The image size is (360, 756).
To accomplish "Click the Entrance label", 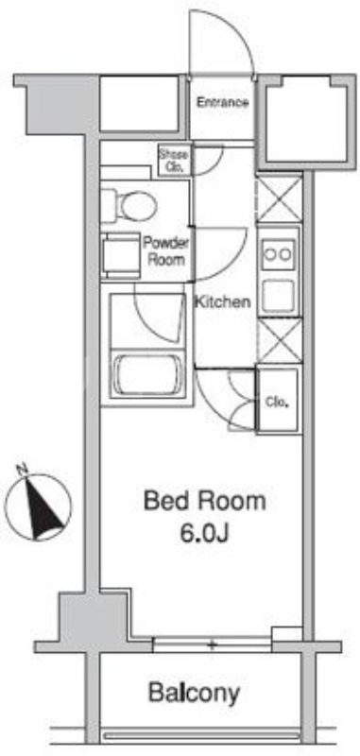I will tap(223, 103).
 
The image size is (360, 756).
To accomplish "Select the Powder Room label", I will tap(166, 251).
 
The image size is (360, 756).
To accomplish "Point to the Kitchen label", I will tap(223, 303).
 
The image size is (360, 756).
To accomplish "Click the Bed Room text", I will tap(204, 501).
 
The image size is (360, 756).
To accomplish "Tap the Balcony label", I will tap(194, 693).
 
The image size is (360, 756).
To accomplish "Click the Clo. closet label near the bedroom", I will tap(277, 402).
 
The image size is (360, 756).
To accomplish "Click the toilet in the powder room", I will tap(129, 201).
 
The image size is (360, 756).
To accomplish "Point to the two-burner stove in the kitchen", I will tap(279, 253).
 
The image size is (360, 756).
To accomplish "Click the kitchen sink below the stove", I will tap(279, 296).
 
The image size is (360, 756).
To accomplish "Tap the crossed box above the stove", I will tap(279, 199).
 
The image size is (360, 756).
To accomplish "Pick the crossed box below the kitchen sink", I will tap(279, 342).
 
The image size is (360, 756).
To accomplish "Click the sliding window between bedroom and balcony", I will tap(214, 645).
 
